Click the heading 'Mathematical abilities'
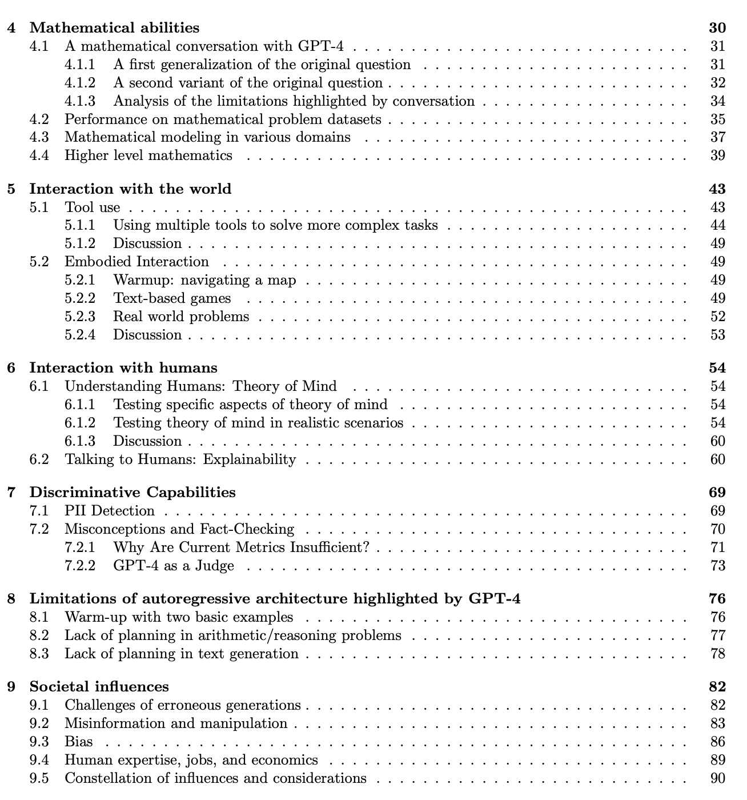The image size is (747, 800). point(114,27)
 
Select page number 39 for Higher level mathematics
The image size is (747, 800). point(717,155)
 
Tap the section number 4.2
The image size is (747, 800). point(39,119)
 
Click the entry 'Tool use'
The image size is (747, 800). point(92,207)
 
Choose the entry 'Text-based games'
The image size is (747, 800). point(172,298)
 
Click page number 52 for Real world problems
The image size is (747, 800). point(717,317)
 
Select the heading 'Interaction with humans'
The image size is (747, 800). point(123,367)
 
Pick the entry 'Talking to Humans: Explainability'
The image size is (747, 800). point(180,459)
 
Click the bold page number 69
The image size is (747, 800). point(717,492)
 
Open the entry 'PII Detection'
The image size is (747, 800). point(110,511)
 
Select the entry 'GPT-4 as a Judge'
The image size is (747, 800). point(174,566)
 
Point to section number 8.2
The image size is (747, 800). point(39,635)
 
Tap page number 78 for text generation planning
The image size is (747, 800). point(717,654)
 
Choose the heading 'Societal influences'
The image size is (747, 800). point(99,686)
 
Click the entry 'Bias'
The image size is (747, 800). point(79,742)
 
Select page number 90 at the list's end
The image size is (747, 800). point(717,778)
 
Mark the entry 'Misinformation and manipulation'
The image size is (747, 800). point(176,723)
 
